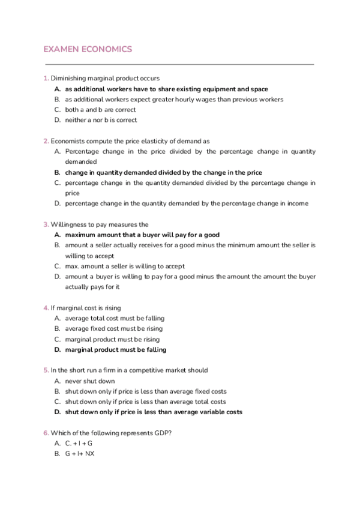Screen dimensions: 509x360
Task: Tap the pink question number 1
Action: (46, 78)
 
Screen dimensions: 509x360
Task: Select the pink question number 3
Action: (46, 224)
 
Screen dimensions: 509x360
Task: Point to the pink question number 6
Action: (46, 433)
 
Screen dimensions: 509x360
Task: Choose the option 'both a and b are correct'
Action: (100, 110)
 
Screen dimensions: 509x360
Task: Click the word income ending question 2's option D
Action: (298, 203)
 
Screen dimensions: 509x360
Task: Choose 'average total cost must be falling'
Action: (115, 318)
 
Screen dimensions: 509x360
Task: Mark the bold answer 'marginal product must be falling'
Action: (116, 349)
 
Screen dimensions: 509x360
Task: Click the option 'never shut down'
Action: (90, 381)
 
